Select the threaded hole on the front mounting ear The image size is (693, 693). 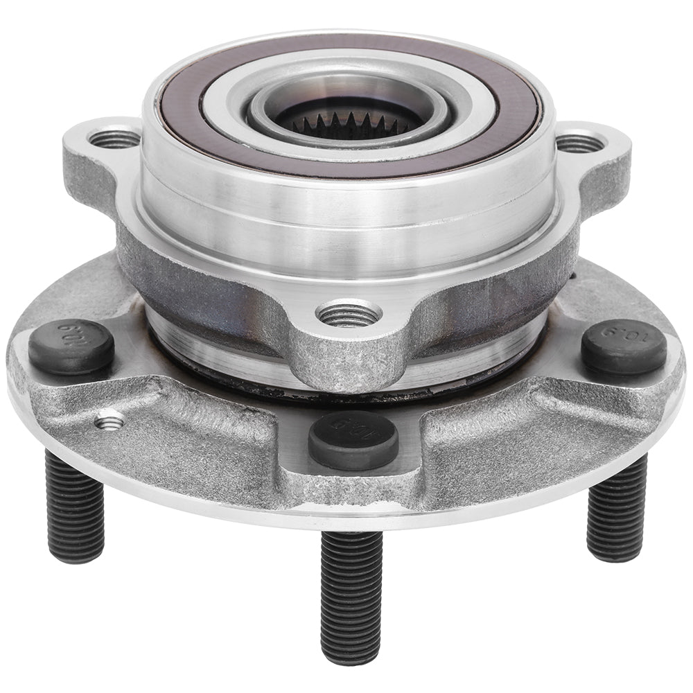tap(348, 315)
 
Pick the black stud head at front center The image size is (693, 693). tap(353, 438)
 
